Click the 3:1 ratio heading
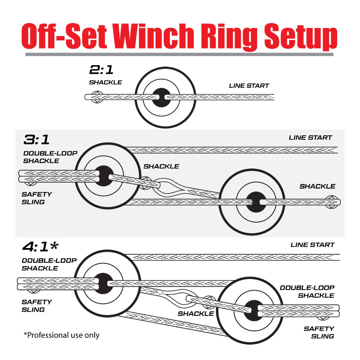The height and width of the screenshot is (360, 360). click(37, 139)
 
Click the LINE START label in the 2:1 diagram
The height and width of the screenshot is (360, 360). click(249, 86)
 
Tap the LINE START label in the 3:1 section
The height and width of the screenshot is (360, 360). click(310, 138)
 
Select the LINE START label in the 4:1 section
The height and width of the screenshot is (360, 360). click(312, 245)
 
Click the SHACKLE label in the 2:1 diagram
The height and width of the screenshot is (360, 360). click(105, 82)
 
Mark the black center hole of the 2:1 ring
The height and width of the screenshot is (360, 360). click(161, 97)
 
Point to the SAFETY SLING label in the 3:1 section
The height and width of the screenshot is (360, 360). click(37, 198)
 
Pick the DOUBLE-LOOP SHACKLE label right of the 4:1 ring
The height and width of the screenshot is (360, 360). click(307, 292)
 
